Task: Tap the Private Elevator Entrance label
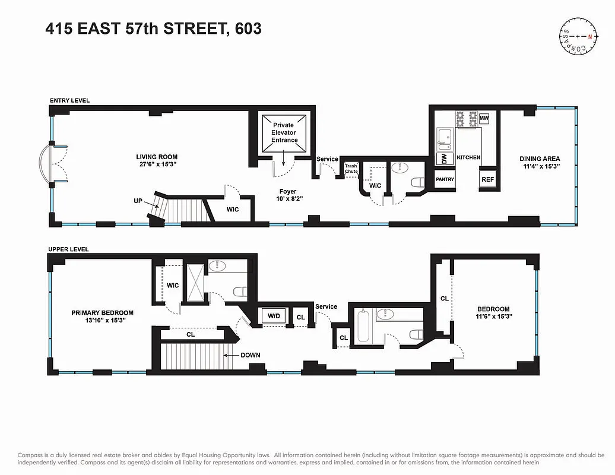[284, 132]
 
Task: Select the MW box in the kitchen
[484, 119]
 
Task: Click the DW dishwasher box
[442, 159]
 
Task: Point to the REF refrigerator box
[487, 179]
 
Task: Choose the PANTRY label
[445, 179]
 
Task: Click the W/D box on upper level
[274, 316]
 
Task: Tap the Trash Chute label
[351, 169]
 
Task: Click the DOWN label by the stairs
[250, 355]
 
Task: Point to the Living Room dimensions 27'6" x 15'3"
[157, 164]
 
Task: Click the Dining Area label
[539, 159]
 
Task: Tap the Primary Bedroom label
[102, 313]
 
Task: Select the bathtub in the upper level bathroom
[363, 327]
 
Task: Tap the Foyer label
[288, 192]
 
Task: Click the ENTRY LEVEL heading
[69, 101]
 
